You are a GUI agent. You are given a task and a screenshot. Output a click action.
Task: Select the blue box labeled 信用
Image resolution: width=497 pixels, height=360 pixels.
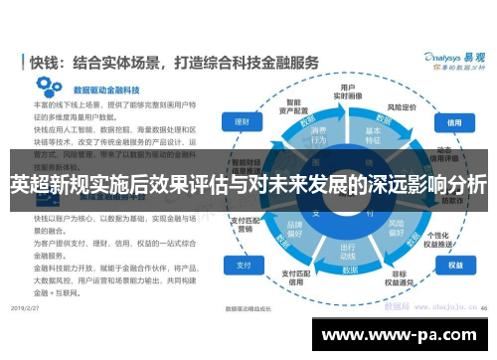tap(455, 122)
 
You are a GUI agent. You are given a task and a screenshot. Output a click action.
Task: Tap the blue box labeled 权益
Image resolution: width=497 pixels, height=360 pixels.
tap(455, 266)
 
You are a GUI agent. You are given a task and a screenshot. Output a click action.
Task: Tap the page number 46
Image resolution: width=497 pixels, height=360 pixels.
tap(481, 308)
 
